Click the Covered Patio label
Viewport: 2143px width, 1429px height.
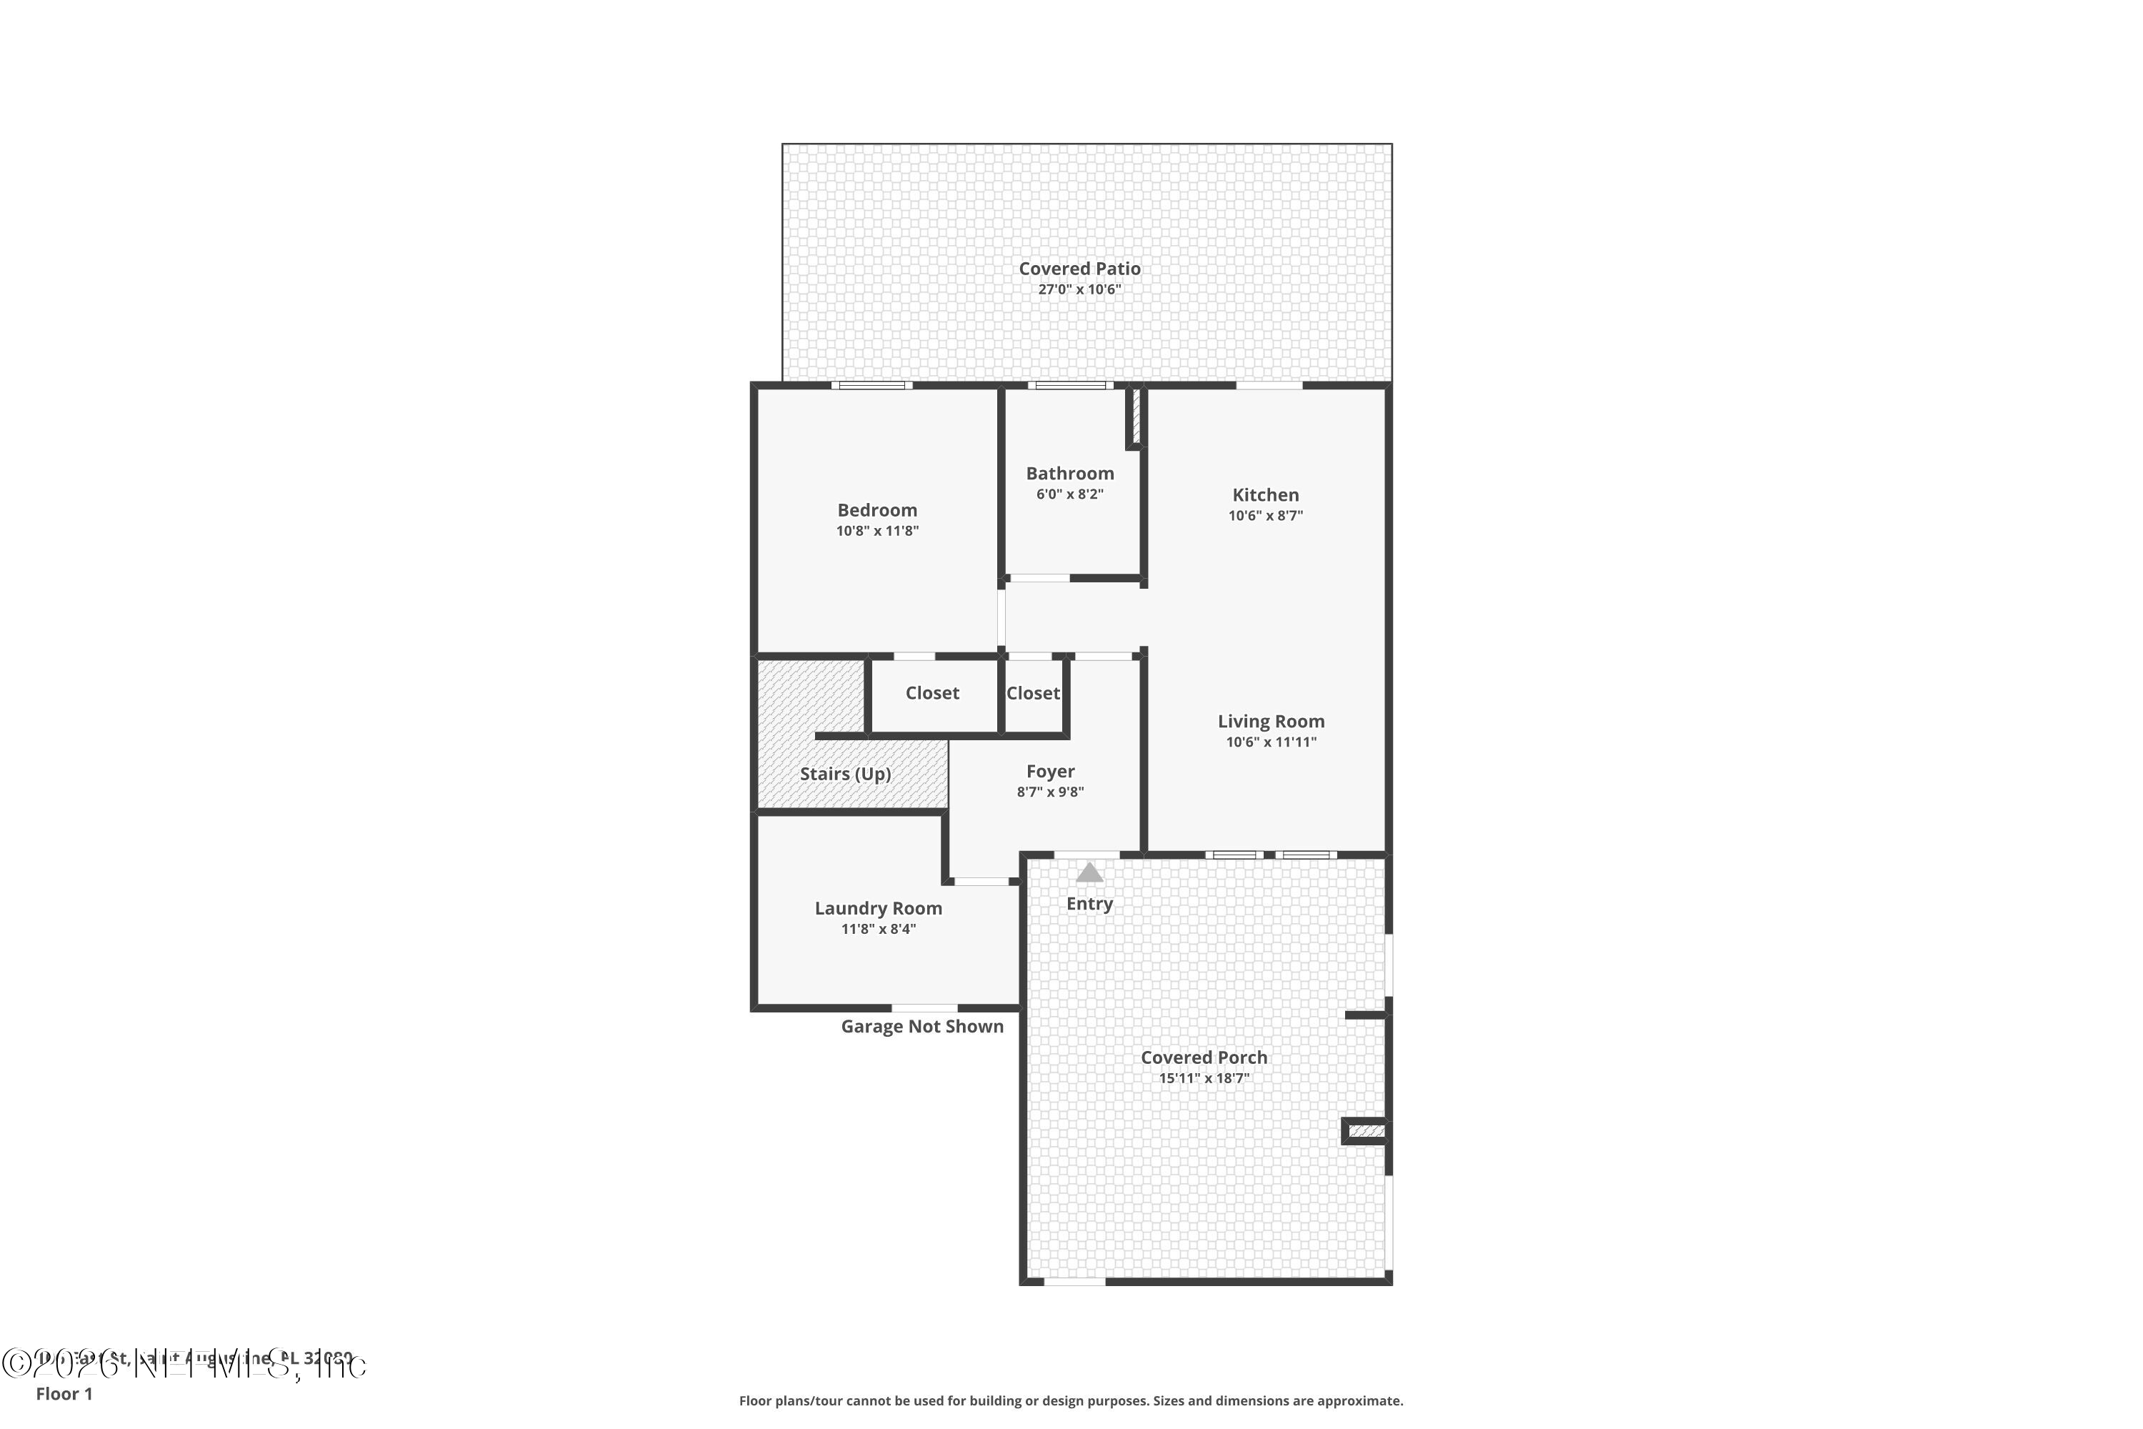coord(1079,268)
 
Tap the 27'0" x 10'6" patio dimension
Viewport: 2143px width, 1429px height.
coord(1079,290)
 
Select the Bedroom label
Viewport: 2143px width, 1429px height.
coord(876,510)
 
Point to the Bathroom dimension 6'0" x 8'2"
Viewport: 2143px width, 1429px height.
coord(1069,494)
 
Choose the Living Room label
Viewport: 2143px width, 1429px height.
coord(1270,721)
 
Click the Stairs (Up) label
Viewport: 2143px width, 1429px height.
coord(844,774)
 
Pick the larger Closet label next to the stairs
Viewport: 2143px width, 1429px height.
coord(931,692)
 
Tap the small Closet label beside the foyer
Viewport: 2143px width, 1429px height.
coord(1032,692)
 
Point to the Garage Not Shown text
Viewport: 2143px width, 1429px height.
coord(921,1026)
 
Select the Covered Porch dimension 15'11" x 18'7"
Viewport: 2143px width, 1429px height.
coord(1203,1078)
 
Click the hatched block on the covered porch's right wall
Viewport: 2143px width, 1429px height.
coord(1366,1131)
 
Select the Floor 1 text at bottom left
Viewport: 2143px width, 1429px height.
coord(64,1393)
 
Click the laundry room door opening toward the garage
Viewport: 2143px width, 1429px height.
coord(923,1008)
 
